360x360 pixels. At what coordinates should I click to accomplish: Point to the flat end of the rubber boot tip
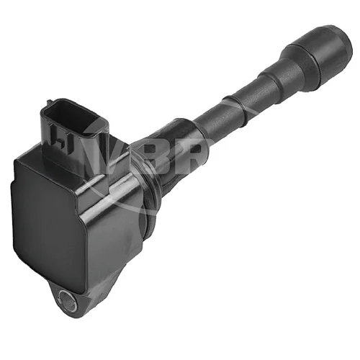click(345, 47)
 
